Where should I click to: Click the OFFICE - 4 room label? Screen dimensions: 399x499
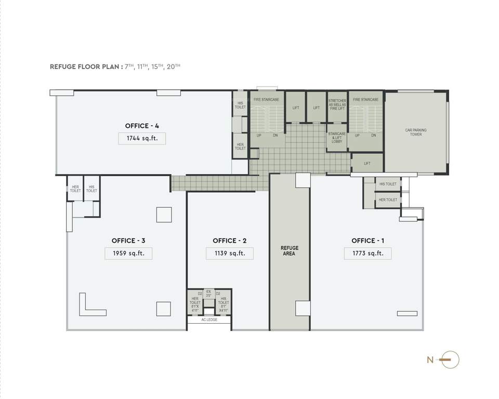[x=142, y=126]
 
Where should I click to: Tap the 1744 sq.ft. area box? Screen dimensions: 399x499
[x=142, y=138]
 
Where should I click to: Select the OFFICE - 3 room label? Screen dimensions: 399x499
[x=128, y=241]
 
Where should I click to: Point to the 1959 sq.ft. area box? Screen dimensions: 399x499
[x=128, y=254]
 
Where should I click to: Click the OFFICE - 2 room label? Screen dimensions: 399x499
[x=229, y=241]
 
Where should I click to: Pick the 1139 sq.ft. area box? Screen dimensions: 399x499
[x=229, y=254]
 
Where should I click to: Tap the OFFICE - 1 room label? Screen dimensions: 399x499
[x=368, y=241]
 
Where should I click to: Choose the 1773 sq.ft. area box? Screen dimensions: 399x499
[x=367, y=254]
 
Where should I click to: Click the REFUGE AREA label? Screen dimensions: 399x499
[x=290, y=251]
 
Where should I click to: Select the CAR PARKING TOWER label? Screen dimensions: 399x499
[x=415, y=132]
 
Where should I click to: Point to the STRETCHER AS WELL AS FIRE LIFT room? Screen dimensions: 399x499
[x=337, y=104]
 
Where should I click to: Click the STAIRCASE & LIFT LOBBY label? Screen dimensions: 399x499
[x=337, y=138]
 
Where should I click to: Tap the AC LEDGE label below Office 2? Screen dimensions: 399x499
[x=209, y=320]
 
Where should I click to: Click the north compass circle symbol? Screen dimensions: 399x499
[x=451, y=360]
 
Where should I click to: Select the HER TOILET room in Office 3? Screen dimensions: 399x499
[x=75, y=189]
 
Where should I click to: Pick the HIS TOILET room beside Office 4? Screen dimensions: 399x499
[x=240, y=105]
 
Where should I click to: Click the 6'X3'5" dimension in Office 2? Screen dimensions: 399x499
[x=209, y=294]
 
